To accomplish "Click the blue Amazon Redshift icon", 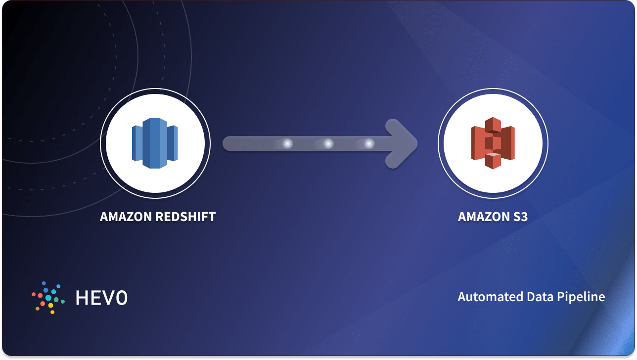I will (155, 143).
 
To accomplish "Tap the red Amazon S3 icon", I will (493, 143).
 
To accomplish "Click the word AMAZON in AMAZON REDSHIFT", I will (126, 217).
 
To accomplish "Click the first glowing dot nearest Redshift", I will (287, 144).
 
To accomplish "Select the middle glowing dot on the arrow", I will (327, 144).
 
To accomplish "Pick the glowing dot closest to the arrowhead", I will (368, 144).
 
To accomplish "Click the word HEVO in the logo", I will (102, 298).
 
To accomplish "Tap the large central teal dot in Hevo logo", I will (48, 298).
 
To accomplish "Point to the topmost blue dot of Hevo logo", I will (44, 283).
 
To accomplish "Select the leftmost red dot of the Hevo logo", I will (34, 294).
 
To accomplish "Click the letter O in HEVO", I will (121, 298).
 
